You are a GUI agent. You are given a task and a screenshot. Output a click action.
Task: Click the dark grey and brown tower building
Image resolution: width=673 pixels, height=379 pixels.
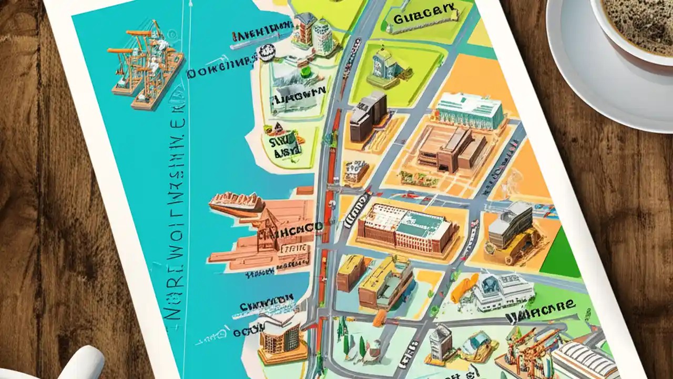(369, 115)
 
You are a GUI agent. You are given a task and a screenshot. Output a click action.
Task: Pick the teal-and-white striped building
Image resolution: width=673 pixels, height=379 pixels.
(469, 111)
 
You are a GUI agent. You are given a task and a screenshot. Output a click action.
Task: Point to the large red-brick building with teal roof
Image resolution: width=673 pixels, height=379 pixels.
(408, 227)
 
